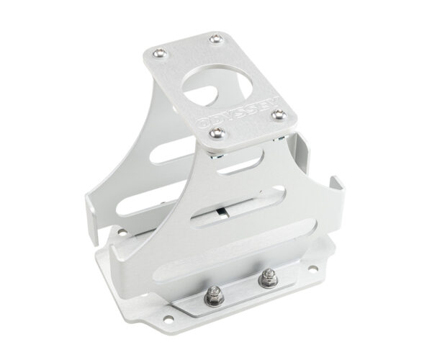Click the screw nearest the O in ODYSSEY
[x=217, y=132]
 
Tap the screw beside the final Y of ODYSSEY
[x=278, y=114]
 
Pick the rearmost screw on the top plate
[x=217, y=38]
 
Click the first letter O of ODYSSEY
[x=204, y=122]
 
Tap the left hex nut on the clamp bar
[x=214, y=295]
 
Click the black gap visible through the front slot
[x=221, y=212]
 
